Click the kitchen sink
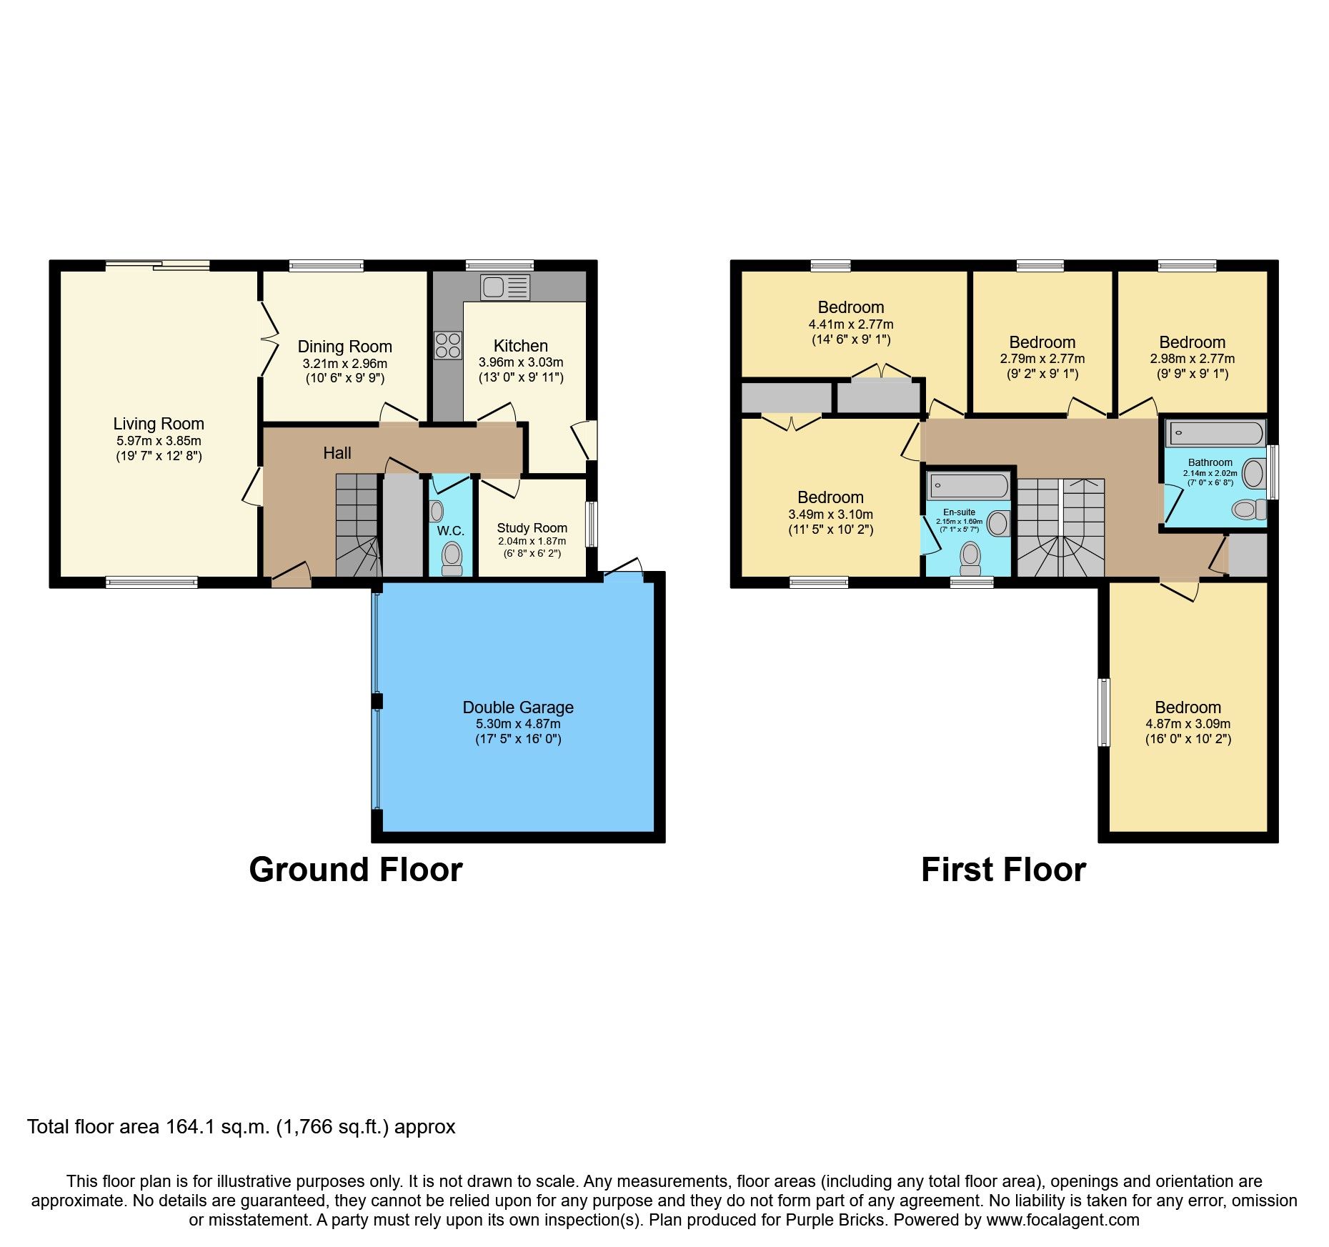504,287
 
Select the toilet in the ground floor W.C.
452,557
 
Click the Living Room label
159,424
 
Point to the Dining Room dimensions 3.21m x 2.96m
344,364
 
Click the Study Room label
532,528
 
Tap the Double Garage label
518,707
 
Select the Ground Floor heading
355,870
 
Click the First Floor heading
1003,870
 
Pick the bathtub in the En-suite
967,487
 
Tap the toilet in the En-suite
970,557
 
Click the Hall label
337,453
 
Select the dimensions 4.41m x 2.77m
850,324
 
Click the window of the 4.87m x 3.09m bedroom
1105,712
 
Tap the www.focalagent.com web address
1062,1220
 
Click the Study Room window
591,525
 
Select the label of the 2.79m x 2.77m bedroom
1042,342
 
